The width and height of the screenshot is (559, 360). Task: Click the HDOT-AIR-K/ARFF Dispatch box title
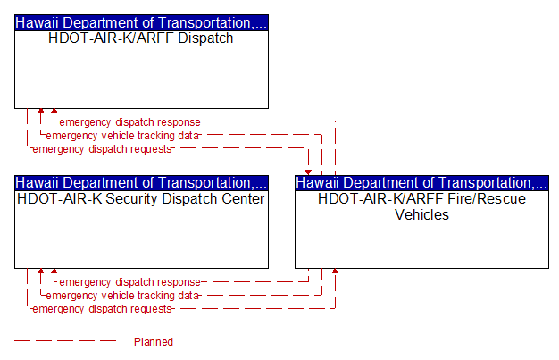tap(141, 38)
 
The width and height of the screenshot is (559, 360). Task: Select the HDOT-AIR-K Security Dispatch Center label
tap(141, 198)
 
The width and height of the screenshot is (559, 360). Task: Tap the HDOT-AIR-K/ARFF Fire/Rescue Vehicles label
tap(421, 206)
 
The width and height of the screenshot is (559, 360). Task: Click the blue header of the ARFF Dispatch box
tap(141, 23)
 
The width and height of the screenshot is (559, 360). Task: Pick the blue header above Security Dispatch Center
tap(141, 183)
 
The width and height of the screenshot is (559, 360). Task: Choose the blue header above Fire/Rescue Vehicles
tap(421, 183)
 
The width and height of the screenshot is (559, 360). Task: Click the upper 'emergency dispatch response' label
tap(129, 122)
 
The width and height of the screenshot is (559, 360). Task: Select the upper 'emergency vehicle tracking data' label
tap(122, 136)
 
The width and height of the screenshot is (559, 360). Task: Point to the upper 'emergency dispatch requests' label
tap(102, 149)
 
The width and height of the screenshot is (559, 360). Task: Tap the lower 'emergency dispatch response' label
tap(129, 282)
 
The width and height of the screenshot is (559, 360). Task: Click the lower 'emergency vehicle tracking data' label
tap(122, 296)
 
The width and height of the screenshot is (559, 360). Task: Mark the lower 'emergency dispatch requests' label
tap(102, 308)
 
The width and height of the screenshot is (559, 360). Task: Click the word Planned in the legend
tap(154, 342)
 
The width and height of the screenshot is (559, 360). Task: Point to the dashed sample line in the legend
tap(65, 340)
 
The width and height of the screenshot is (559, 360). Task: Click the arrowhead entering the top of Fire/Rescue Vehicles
tap(308, 172)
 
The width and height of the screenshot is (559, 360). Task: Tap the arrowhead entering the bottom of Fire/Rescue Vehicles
tap(335, 272)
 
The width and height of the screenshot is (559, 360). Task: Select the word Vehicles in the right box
tap(421, 214)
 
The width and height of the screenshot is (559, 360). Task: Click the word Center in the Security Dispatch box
tap(243, 198)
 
